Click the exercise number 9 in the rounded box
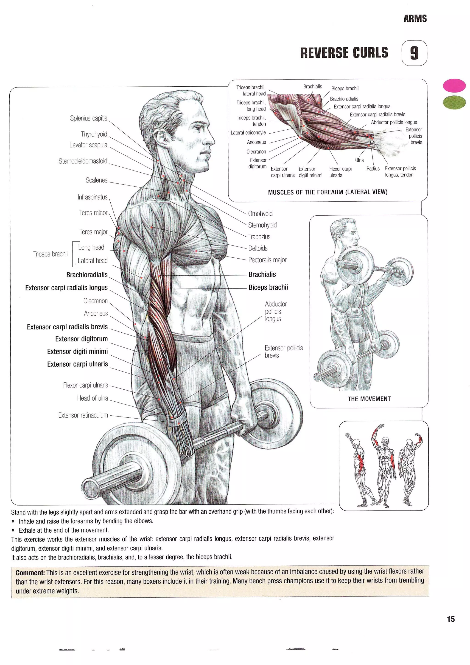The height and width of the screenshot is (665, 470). click(x=414, y=53)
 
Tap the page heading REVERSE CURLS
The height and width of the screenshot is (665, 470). click(x=344, y=53)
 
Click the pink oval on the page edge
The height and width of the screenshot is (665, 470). click(x=454, y=86)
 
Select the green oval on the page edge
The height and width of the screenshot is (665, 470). click(x=454, y=102)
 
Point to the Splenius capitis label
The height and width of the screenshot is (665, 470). click(x=88, y=118)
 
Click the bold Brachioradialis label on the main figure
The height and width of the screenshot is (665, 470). click(x=87, y=274)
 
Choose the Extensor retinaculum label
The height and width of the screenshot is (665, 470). click(x=83, y=415)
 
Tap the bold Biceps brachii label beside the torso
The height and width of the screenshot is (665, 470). click(x=268, y=287)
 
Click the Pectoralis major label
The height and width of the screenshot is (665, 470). click(x=267, y=260)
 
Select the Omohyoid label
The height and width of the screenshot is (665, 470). click(x=260, y=214)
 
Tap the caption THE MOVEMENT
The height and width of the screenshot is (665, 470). click(x=369, y=399)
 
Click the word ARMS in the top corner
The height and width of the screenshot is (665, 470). click(x=415, y=19)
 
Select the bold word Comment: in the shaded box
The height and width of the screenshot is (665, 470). click(x=30, y=573)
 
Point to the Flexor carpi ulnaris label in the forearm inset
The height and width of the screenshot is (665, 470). click(x=340, y=172)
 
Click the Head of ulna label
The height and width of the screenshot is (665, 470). click(x=92, y=398)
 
